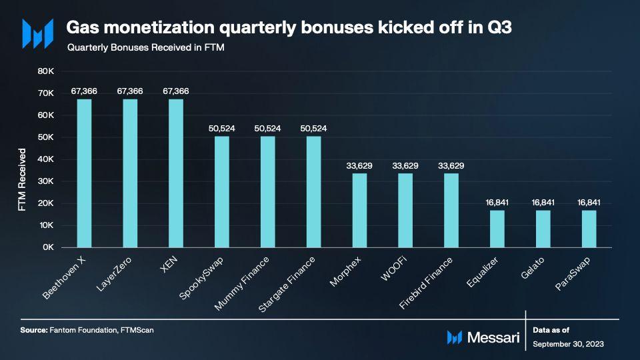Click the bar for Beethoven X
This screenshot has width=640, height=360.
(84, 173)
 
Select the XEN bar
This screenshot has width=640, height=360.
(176, 173)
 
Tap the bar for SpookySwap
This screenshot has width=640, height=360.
(222, 192)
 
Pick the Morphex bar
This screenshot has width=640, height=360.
(359, 211)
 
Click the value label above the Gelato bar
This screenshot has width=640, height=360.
(543, 202)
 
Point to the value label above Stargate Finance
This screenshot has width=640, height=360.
(313, 128)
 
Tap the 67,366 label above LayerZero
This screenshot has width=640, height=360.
(130, 91)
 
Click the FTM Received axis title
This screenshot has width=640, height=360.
(22, 180)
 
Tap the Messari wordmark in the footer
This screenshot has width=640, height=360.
(494, 337)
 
